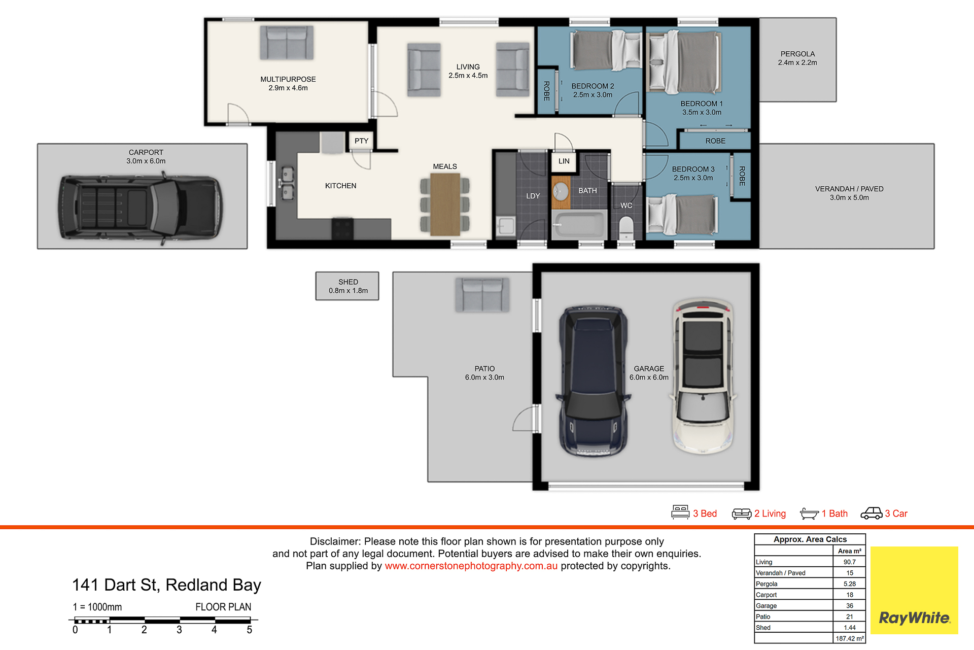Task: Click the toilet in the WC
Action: [627, 227]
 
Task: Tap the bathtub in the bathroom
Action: [579, 224]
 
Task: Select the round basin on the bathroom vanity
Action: [561, 192]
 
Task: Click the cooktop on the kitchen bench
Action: [342, 228]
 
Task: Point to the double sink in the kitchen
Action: [287, 184]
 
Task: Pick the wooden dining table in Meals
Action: [445, 204]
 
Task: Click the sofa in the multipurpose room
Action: [287, 43]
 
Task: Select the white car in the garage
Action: [703, 375]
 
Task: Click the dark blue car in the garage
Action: [593, 381]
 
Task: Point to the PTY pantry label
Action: [362, 141]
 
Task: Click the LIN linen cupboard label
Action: [564, 161]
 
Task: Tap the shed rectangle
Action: [347, 286]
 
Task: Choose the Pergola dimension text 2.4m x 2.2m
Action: [797, 63]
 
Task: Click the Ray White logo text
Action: [914, 618]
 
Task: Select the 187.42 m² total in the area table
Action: [850, 638]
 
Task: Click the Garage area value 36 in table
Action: [850, 606]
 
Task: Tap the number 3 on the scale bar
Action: [179, 630]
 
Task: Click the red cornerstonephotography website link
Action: [471, 566]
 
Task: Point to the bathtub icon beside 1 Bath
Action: [809, 514]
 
